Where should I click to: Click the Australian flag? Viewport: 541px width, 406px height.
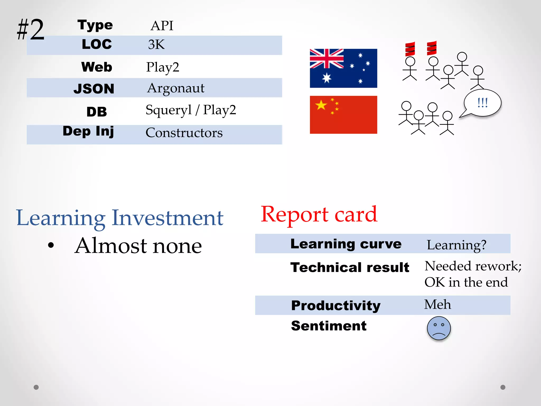click(343, 68)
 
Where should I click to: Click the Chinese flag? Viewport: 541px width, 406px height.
click(343, 115)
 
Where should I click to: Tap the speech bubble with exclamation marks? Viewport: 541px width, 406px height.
click(482, 103)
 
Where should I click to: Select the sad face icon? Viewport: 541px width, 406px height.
click(439, 328)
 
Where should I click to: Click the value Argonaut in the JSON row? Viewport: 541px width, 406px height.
click(176, 88)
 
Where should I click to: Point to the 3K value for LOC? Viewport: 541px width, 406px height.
click(156, 44)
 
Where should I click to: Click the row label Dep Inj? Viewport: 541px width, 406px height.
click(88, 131)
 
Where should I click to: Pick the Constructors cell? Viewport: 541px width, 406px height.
click(184, 133)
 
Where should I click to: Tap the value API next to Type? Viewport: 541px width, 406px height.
click(162, 26)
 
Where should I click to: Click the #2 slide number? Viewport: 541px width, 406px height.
click(31, 30)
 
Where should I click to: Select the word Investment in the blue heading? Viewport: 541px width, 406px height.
click(167, 218)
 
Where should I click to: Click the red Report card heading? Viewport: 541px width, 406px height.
click(319, 214)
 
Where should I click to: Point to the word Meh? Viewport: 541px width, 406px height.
click(437, 304)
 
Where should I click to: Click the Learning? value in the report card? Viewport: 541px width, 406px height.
click(456, 245)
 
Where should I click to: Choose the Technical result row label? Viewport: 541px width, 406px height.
click(350, 267)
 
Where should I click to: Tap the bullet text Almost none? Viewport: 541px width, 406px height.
click(138, 246)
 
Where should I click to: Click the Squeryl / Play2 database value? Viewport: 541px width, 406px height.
click(191, 110)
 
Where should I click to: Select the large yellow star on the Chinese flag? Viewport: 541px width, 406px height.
click(321, 105)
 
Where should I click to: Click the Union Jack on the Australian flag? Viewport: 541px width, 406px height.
click(327, 59)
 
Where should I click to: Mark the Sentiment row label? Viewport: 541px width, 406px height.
click(329, 326)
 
